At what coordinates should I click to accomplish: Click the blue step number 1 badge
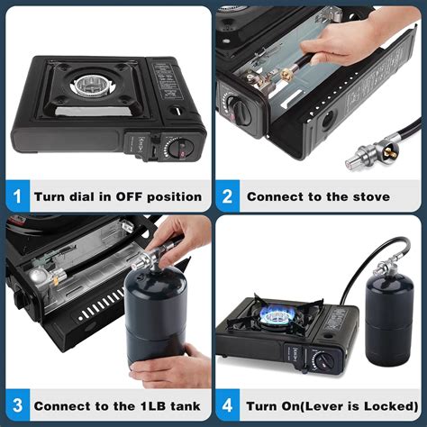(18, 196)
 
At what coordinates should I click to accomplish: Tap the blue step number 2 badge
(228, 196)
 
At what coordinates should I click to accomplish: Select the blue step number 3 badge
(18, 405)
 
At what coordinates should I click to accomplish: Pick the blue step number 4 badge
(228, 405)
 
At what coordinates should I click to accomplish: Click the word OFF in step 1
(130, 197)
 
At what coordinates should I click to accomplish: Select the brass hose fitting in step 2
(286, 73)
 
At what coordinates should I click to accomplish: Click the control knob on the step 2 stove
(240, 111)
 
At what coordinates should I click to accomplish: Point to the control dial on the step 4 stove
(323, 360)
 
